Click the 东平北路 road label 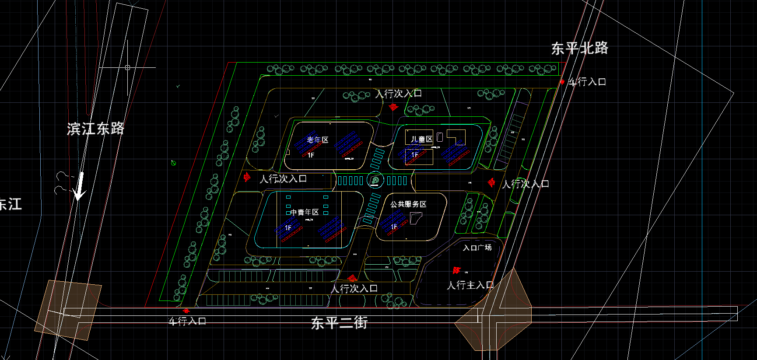(579, 48)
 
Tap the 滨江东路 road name (95, 129)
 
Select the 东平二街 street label (339, 323)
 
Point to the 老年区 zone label (317, 140)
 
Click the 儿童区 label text (421, 139)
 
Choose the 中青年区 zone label (305, 212)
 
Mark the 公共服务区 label (408, 204)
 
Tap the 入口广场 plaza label (477, 248)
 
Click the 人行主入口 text (470, 285)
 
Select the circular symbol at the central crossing (375, 180)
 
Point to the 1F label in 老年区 (311, 155)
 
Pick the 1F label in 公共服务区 (394, 227)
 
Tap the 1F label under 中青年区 (288, 228)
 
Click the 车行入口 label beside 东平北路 (587, 82)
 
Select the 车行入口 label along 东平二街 (188, 322)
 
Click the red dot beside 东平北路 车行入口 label (562, 82)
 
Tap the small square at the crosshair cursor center (127, 67)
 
